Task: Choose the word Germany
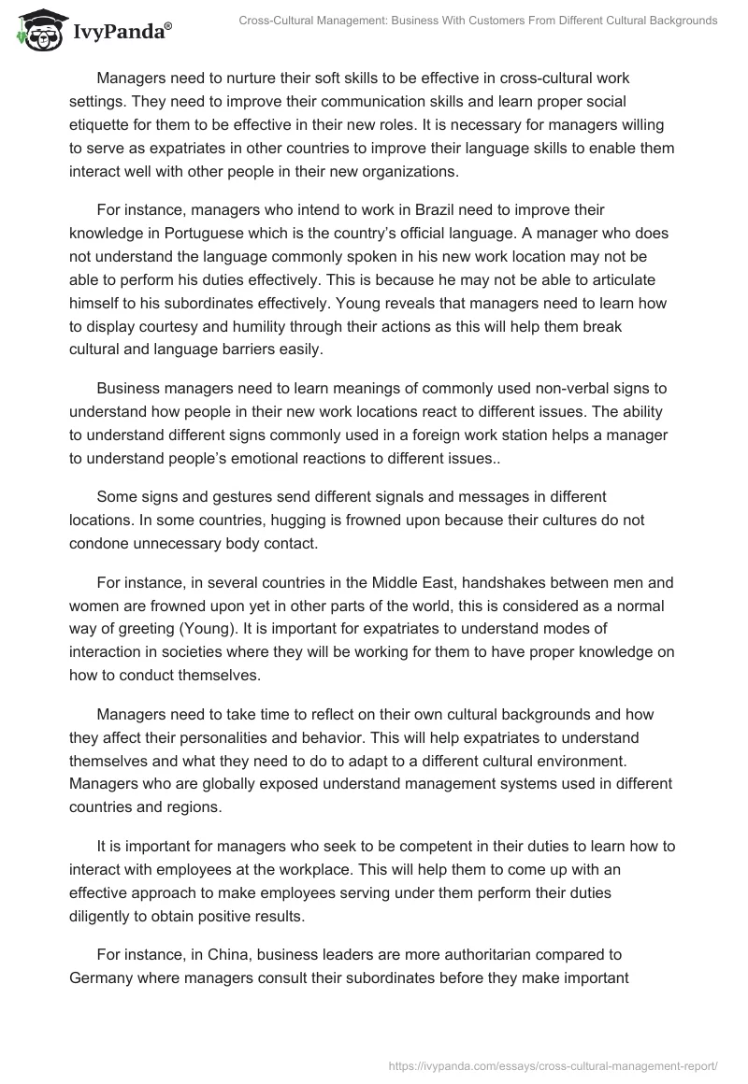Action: tap(108, 978)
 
